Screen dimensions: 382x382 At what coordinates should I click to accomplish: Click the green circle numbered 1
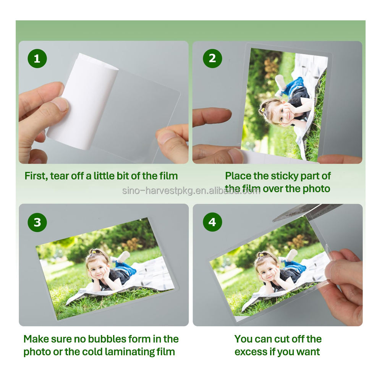(x=37, y=58)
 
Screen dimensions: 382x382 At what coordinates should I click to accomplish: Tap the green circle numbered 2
(x=212, y=58)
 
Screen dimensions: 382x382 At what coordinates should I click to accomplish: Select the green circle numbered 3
(x=37, y=222)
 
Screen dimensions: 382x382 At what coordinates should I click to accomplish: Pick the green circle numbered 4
(x=212, y=222)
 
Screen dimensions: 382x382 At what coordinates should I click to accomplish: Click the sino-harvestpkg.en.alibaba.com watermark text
(x=191, y=191)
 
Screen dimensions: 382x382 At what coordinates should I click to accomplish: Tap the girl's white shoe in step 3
(x=123, y=256)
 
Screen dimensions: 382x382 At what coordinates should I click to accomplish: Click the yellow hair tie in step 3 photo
(x=93, y=251)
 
